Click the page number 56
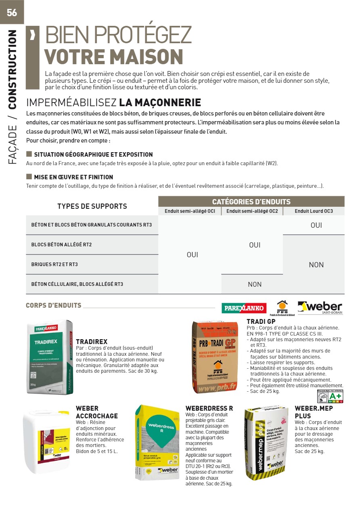point(12,12)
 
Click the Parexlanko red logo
point(244,308)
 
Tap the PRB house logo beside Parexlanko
point(282,308)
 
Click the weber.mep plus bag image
point(266,443)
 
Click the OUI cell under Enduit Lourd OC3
point(316,225)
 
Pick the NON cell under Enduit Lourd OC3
point(316,264)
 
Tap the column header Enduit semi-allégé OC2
point(252,211)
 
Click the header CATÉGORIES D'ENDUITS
point(251,201)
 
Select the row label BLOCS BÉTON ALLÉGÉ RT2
point(61,245)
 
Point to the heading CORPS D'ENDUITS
point(54,305)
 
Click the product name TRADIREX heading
point(92,342)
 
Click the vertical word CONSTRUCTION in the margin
point(13,69)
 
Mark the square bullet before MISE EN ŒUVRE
point(29,176)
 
